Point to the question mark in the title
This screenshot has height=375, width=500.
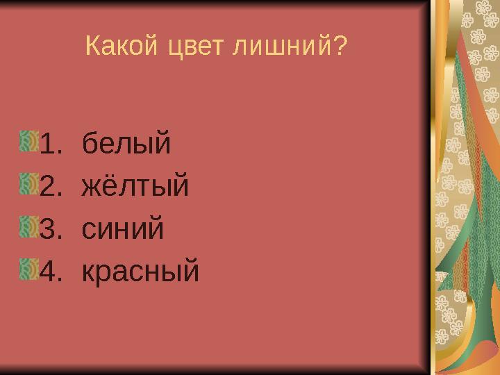tap(340, 47)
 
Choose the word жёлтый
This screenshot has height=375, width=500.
tap(135, 186)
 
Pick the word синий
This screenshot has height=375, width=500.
tap(123, 228)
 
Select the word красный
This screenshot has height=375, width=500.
tap(140, 271)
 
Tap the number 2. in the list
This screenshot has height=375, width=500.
tap(53, 186)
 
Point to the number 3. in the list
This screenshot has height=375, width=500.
tap(53, 228)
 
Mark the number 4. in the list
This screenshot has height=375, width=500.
tap(53, 271)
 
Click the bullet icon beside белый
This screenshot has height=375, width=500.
tap(28, 141)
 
